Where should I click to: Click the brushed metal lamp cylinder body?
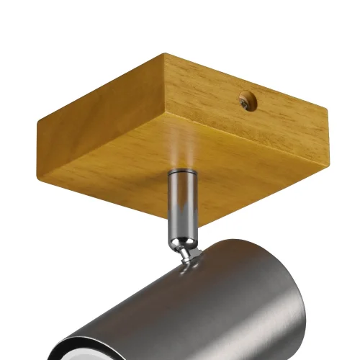click(x=216, y=302)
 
